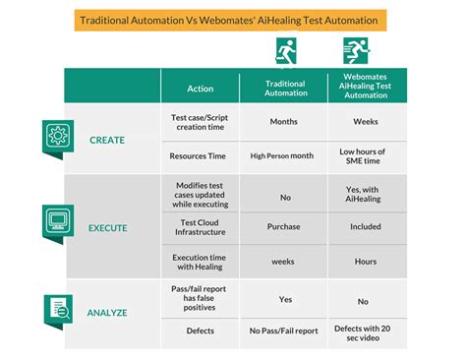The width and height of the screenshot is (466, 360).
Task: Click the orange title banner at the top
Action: (229, 20)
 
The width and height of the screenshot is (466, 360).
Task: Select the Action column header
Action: (200, 89)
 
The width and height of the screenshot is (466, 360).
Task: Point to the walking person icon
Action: (285, 50)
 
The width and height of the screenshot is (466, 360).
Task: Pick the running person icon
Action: (355, 50)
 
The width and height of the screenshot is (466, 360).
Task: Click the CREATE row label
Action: (107, 140)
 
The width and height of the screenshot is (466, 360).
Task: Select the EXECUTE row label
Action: (107, 227)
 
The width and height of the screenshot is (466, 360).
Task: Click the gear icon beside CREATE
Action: (55, 136)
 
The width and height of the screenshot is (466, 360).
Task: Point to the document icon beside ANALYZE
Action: (55, 307)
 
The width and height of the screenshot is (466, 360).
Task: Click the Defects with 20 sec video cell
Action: (362, 331)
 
